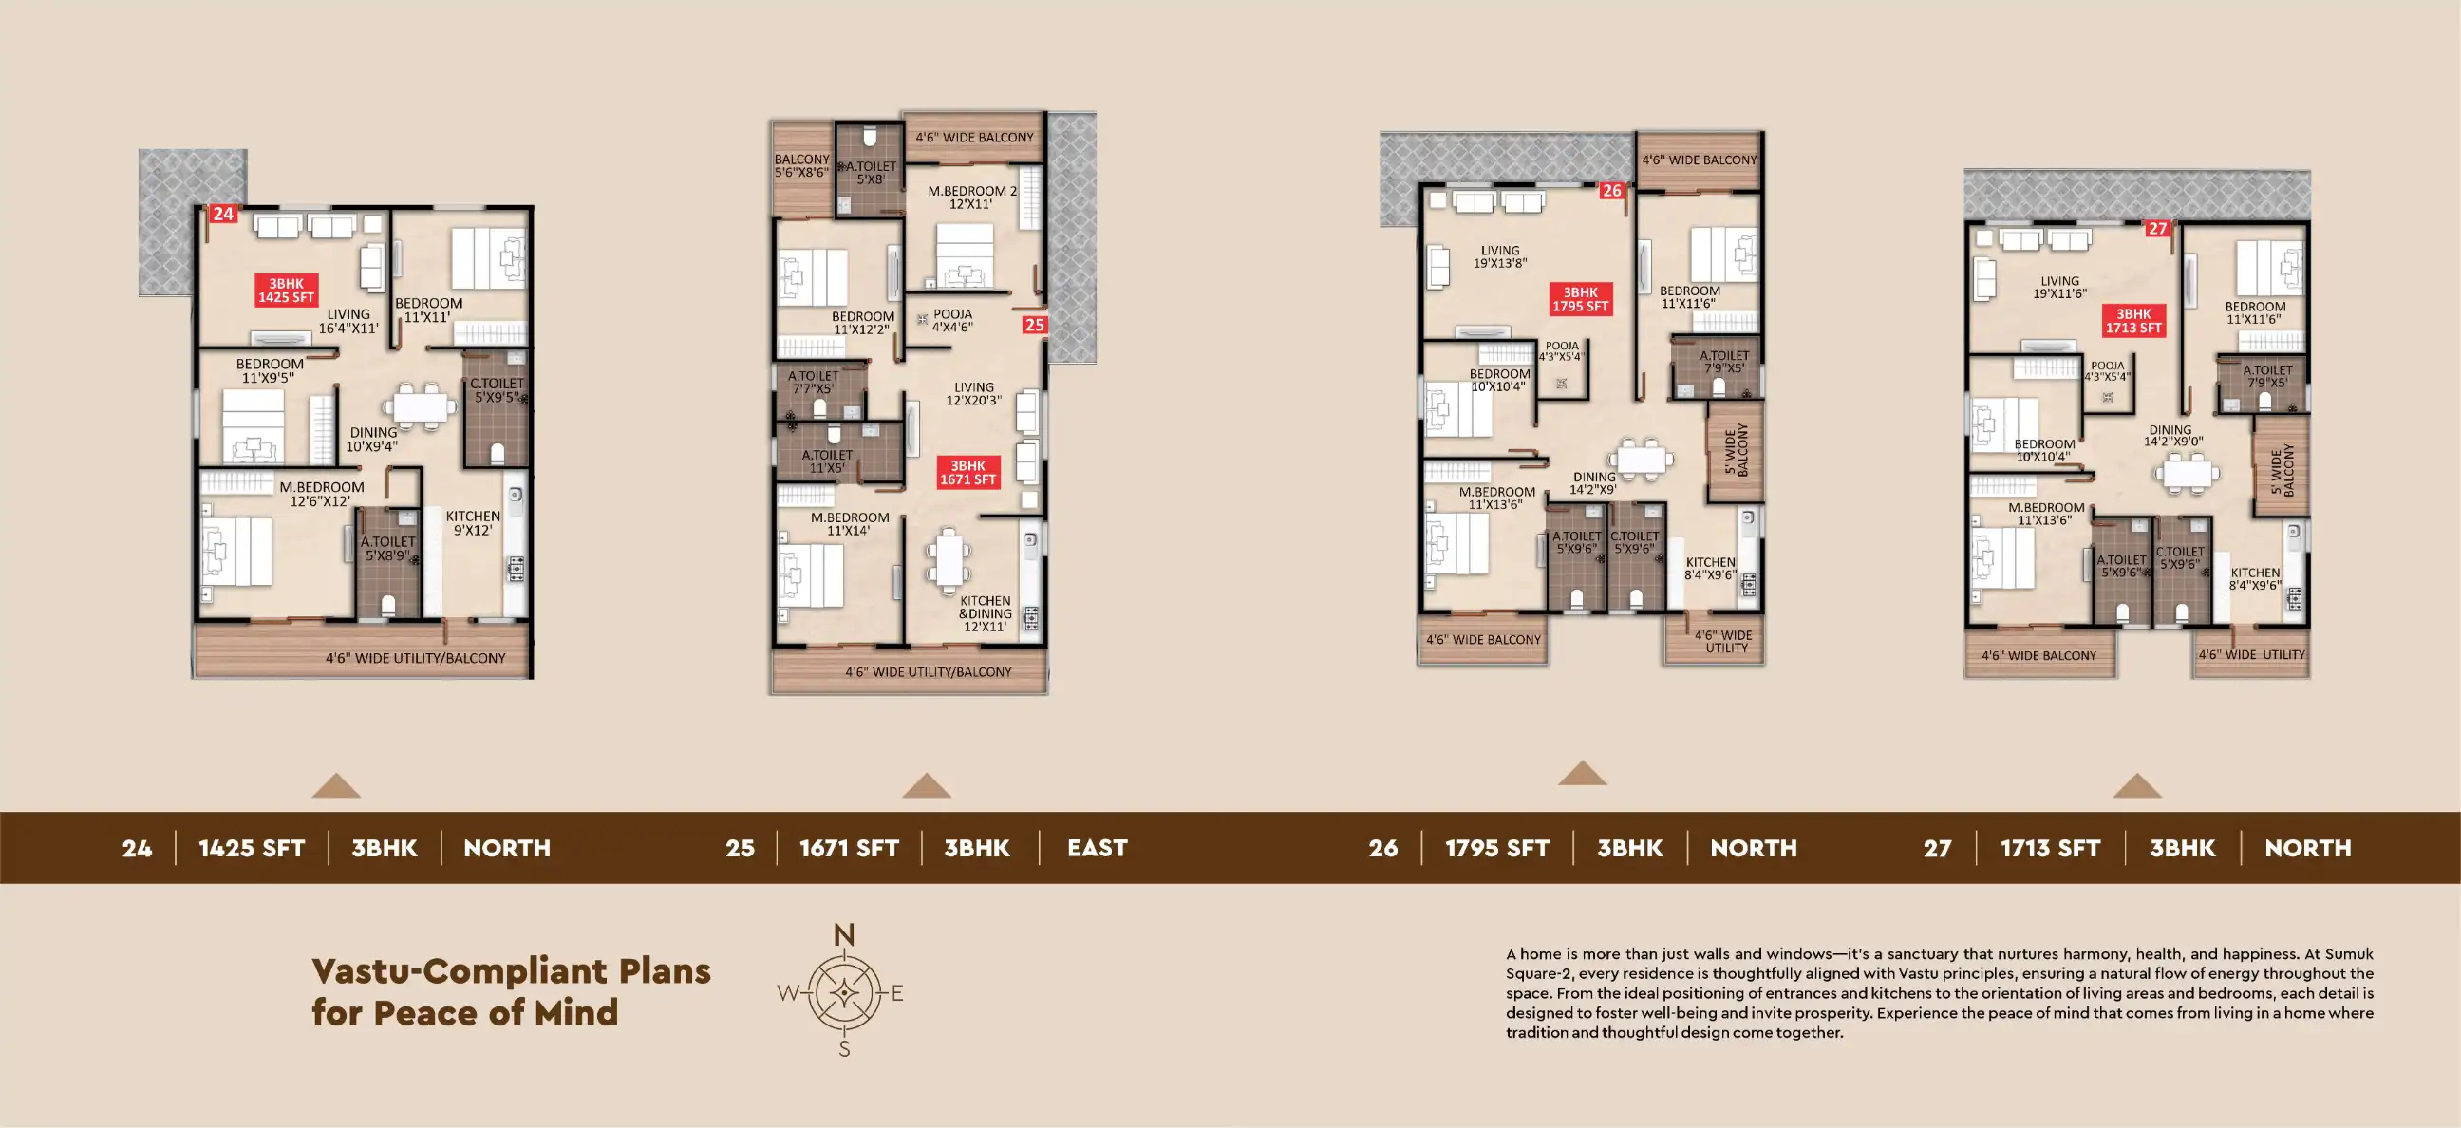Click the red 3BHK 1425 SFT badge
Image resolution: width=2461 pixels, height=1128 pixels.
[x=287, y=291]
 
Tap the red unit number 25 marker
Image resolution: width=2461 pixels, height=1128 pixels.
[x=1034, y=325]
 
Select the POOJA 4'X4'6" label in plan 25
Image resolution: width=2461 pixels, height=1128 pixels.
[x=952, y=320]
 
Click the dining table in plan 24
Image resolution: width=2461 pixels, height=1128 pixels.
[x=422, y=406]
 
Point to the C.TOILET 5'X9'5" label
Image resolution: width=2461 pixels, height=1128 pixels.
[x=497, y=390]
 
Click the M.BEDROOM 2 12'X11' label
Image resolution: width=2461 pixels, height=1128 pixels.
[x=971, y=197]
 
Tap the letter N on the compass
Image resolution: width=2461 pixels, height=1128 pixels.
[x=843, y=935]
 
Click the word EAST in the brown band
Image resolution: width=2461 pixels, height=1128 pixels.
[x=1097, y=848]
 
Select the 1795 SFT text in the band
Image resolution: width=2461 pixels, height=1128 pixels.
[x=1497, y=848]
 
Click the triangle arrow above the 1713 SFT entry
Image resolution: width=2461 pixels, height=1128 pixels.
[x=2137, y=786]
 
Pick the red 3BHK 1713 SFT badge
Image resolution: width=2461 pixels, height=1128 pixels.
[x=2133, y=321]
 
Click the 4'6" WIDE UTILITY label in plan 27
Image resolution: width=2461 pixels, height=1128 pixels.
[x=2251, y=655]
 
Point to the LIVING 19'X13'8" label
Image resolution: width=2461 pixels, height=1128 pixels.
[x=1500, y=257]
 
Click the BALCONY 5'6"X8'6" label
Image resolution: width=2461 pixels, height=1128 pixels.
[x=801, y=166]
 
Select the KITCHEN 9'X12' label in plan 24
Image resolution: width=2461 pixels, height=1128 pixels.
[x=473, y=523]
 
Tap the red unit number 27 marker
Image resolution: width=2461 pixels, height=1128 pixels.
[x=2157, y=228]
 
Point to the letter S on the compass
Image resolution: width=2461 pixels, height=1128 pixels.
[x=843, y=1049]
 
